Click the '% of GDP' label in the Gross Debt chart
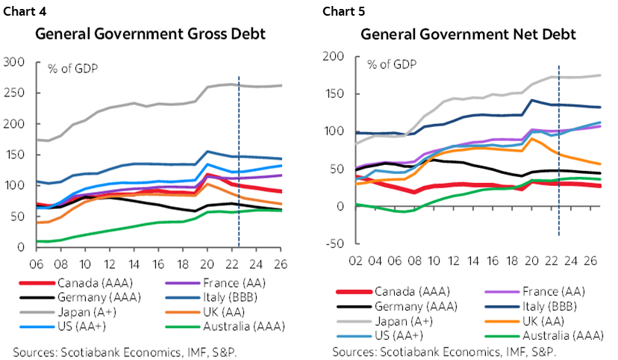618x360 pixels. tap(73, 69)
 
